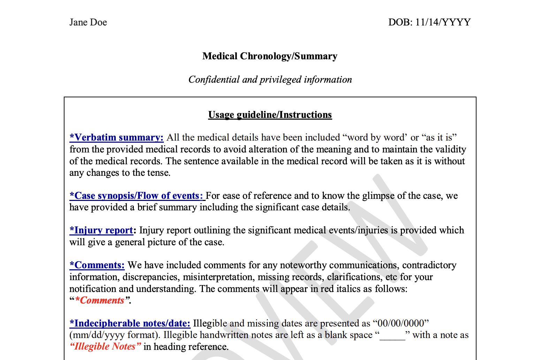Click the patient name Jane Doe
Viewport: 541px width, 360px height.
tap(88, 22)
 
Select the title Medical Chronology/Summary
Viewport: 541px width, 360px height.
tap(270, 56)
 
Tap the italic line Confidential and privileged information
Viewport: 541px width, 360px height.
tap(270, 80)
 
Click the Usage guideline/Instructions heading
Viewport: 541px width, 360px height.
tap(270, 115)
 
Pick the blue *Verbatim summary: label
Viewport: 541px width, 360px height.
tap(116, 137)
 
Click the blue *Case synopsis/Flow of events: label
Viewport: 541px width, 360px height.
tap(137, 196)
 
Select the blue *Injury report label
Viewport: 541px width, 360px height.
tap(101, 230)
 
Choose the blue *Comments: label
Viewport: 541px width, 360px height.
tap(97, 265)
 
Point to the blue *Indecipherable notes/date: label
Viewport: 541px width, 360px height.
tap(130, 323)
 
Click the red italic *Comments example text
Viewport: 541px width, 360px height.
tap(100, 300)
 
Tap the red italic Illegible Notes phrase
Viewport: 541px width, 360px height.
tap(105, 347)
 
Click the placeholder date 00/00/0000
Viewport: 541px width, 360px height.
tap(401, 323)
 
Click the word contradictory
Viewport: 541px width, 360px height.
tap(429, 265)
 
